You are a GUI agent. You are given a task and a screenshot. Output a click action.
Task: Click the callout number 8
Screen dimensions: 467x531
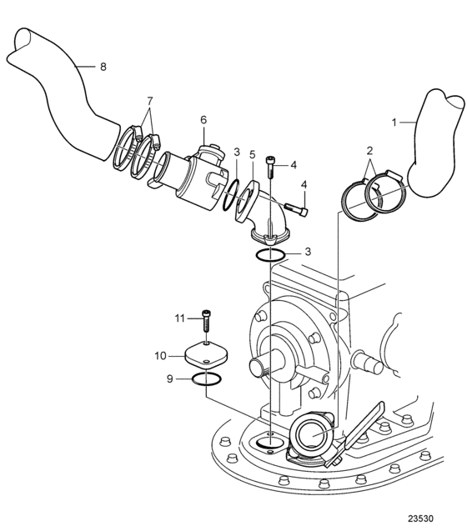[x=103, y=67]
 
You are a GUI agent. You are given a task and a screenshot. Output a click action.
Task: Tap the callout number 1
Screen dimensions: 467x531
[x=394, y=123]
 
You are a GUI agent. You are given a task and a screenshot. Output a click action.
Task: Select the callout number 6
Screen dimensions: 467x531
[x=203, y=119]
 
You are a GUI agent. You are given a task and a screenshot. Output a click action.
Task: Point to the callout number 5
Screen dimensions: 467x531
[x=252, y=154]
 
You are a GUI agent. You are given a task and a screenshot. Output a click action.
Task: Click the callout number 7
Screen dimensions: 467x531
[x=150, y=101]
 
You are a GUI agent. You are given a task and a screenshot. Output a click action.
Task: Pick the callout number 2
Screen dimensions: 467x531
[x=369, y=150]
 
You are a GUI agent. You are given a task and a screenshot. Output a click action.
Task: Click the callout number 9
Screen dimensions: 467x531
[x=170, y=378]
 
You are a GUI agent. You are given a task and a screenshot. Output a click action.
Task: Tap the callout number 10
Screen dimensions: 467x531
[x=161, y=356]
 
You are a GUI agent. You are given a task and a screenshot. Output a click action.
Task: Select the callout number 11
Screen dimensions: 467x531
[x=179, y=318]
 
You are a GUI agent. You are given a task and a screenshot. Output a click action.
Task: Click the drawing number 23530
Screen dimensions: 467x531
[x=420, y=518]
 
